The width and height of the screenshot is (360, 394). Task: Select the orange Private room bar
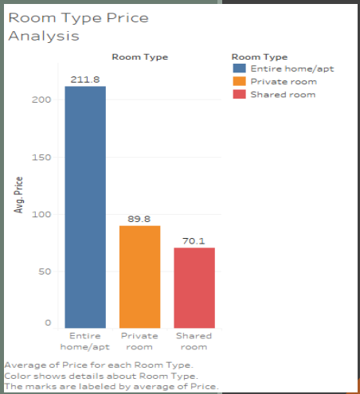[x=140, y=276]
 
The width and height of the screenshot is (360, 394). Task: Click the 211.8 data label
[x=84, y=80]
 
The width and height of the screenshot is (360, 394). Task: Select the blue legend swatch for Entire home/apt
[x=239, y=69]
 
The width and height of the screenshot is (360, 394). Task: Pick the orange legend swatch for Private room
[x=239, y=82]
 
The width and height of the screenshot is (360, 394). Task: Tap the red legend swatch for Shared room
[x=239, y=95]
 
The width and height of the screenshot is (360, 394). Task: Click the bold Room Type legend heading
[x=259, y=57]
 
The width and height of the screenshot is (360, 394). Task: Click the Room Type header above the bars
[x=139, y=57]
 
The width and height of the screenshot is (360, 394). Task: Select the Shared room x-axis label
[x=194, y=341]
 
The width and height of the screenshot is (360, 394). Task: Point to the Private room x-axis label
[x=140, y=341]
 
